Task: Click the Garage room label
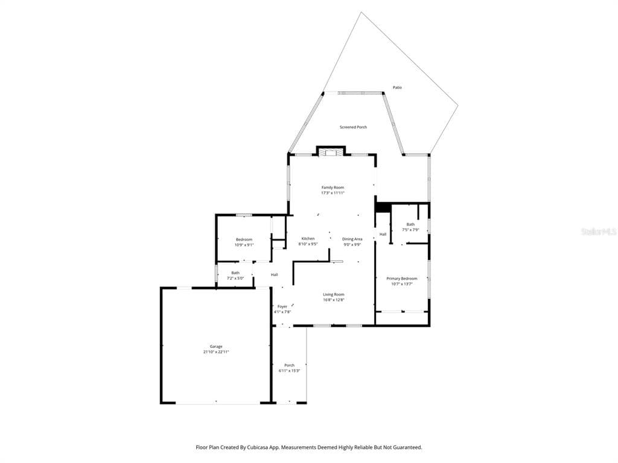tap(216, 347)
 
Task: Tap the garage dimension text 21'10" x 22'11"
tap(216, 351)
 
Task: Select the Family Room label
tap(333, 187)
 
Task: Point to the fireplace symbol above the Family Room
tap(331, 152)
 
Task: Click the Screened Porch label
tap(353, 127)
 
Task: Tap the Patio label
tap(397, 87)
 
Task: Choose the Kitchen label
tap(308, 239)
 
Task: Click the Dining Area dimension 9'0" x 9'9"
tap(352, 244)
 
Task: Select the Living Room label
tap(333, 294)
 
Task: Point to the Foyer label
tap(282, 307)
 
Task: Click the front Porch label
tap(290, 365)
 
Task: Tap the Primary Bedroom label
tap(402, 279)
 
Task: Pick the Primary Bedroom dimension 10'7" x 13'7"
tap(402, 284)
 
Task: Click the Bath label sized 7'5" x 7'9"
tap(410, 224)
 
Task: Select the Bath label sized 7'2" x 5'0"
tap(235, 272)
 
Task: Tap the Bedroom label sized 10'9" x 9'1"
tap(244, 239)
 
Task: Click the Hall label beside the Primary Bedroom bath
tap(383, 234)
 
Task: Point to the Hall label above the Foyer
tap(274, 275)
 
